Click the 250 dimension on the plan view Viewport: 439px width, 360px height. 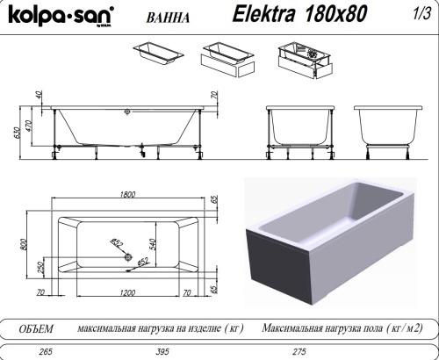pos(38,267)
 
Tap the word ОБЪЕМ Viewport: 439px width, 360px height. pos(36,328)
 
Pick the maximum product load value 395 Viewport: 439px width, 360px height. pos(162,351)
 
